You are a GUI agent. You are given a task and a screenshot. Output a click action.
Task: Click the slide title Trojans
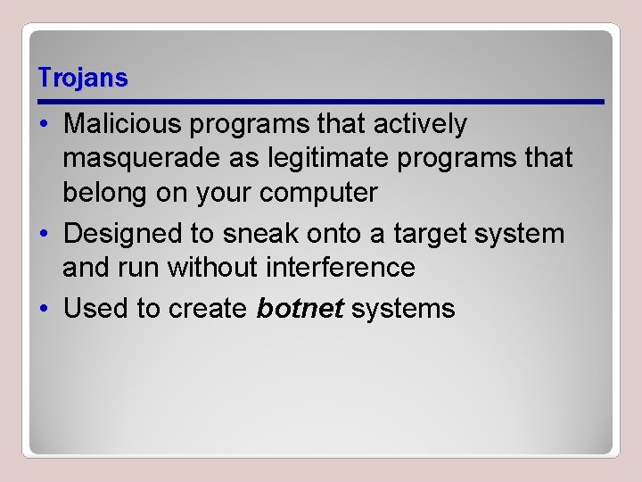pos(83,79)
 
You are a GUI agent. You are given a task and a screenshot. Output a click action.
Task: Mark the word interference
pos(341,267)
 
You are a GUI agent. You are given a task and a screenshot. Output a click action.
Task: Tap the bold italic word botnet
pos(300,309)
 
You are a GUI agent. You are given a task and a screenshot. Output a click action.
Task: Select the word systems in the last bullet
pos(403,309)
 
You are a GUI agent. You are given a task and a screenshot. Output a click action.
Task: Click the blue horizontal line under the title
pos(321,102)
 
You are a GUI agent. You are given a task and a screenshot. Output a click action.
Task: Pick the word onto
pos(336,234)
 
